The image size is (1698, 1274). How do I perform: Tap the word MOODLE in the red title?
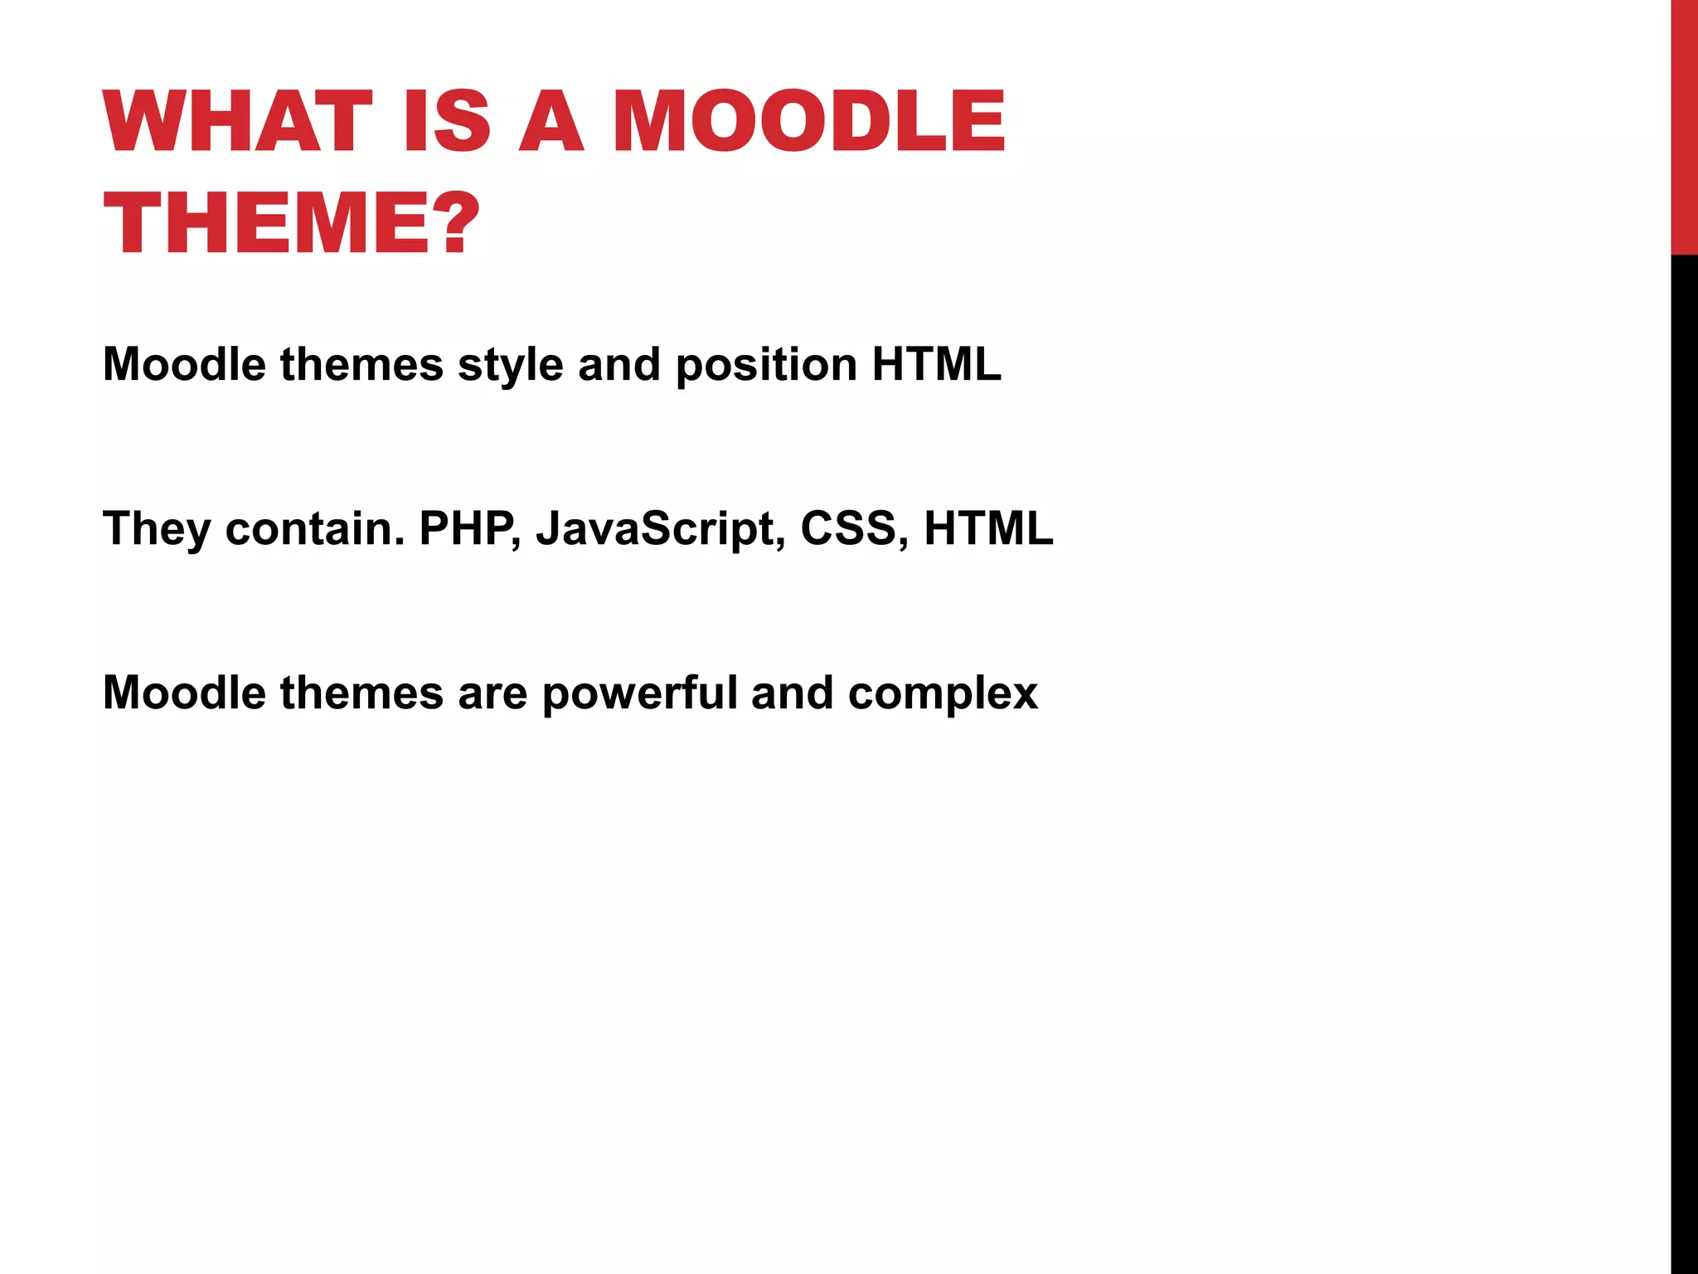tap(808, 122)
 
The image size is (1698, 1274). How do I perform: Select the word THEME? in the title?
tap(292, 223)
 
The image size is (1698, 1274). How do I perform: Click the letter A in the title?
tap(551, 122)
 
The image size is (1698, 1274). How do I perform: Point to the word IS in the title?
tap(448, 122)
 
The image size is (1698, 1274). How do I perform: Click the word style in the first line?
tap(510, 366)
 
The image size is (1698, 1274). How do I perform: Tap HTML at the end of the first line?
tap(936, 364)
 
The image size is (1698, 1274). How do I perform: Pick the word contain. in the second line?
tap(315, 528)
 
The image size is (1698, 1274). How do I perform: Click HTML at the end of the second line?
tap(988, 528)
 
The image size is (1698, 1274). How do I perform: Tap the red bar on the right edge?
tap(1684, 124)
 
